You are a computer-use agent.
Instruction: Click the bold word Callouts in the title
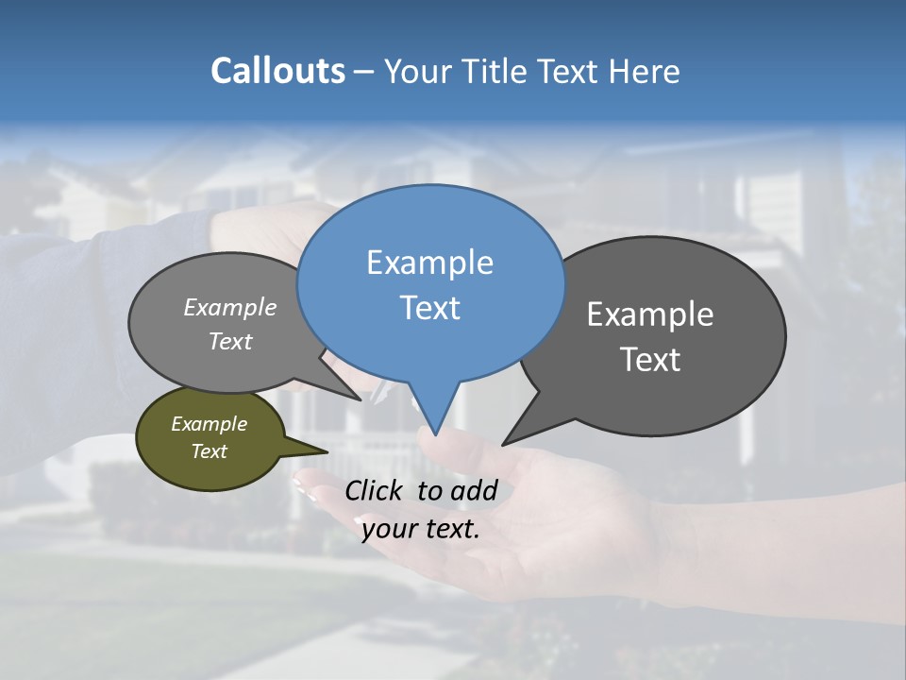coord(277,71)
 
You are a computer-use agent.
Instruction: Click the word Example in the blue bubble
coord(429,263)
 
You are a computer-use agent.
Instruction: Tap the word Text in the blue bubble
coord(429,308)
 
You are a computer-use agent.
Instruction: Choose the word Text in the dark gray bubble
coord(650,360)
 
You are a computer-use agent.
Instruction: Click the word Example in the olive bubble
coord(209,424)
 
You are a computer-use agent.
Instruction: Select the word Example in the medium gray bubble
coord(230,307)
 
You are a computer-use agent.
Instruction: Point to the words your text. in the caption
coord(421,529)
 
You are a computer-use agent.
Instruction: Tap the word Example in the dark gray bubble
coord(650,314)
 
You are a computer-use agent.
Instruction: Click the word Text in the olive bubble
coord(209,451)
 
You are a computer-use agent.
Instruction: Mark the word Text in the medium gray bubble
coord(230,341)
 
